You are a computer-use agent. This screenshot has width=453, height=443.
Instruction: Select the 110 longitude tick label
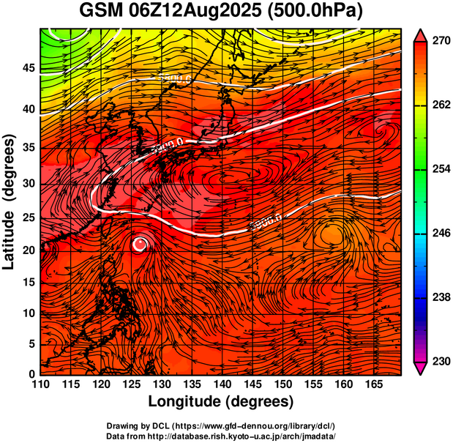click(x=40, y=384)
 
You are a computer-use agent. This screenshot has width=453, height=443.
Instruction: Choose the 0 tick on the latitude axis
click(x=31, y=373)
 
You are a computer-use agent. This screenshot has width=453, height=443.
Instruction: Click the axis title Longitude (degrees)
click(x=221, y=401)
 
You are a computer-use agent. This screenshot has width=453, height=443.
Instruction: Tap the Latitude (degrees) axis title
click(x=10, y=201)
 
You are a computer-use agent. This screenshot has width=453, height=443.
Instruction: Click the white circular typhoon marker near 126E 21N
click(x=140, y=244)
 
